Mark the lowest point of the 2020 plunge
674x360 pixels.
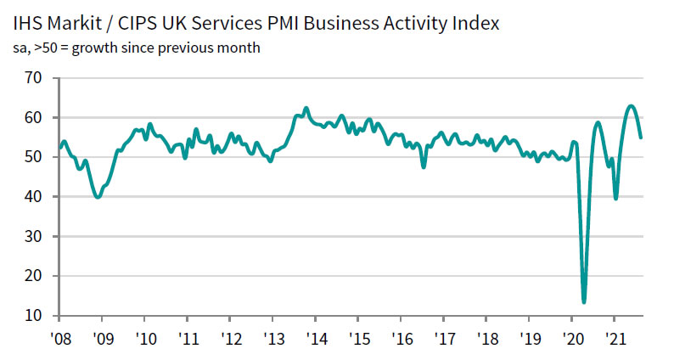pos(584,301)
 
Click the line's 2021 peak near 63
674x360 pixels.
pos(631,106)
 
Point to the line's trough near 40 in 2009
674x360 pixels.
pos(98,197)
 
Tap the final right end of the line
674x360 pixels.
pos(641,137)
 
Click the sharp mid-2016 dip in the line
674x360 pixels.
pos(424,167)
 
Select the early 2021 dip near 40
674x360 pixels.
pos(615,198)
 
